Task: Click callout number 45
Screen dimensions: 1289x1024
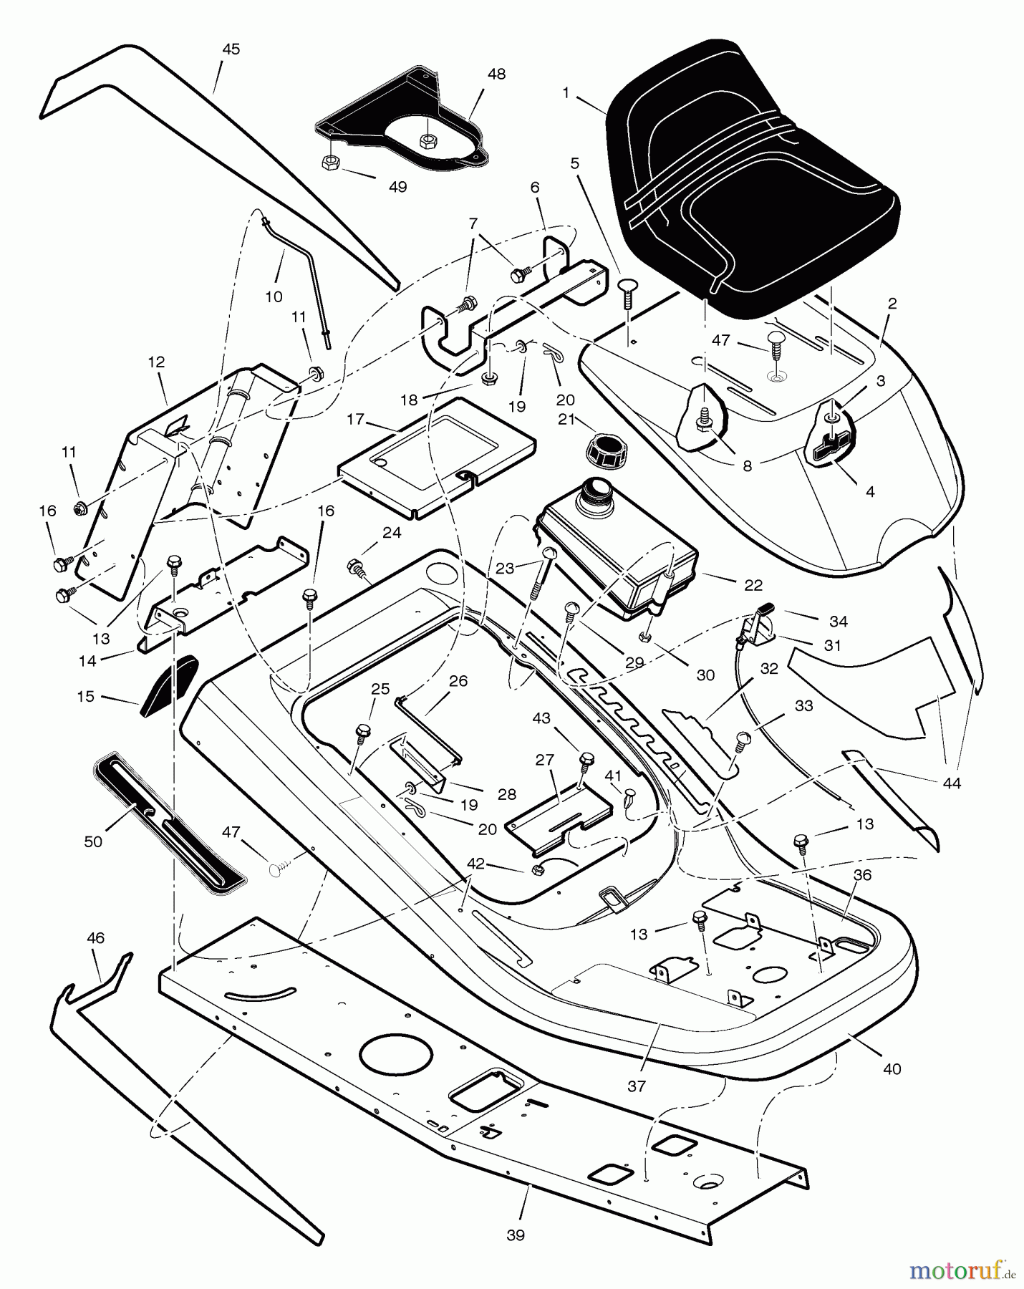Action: [x=231, y=49]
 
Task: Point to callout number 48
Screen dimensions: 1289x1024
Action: [x=496, y=74]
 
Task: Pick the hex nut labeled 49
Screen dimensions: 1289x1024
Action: [x=331, y=163]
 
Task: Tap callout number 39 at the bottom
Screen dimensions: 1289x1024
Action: [x=515, y=1235]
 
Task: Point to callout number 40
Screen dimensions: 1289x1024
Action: [x=892, y=1069]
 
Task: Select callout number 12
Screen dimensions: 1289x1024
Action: [x=156, y=362]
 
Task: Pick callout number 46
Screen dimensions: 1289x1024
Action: [x=95, y=937]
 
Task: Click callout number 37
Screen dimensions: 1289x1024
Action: [x=636, y=1086]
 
